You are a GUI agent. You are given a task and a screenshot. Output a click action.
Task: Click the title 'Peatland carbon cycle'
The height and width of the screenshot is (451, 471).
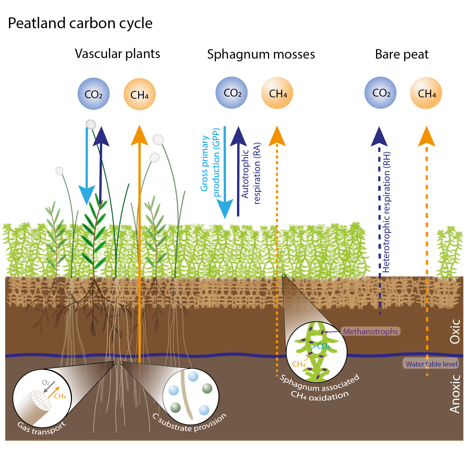tap(80, 24)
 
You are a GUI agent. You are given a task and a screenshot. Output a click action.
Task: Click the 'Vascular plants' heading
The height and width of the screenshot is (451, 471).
tap(117, 54)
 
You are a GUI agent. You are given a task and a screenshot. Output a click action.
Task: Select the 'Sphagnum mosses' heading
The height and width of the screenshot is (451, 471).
tap(261, 54)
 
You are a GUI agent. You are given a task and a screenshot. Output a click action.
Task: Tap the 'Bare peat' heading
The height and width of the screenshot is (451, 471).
tap(402, 54)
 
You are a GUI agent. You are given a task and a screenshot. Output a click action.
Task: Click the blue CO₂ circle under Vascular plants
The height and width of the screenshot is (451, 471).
tap(94, 94)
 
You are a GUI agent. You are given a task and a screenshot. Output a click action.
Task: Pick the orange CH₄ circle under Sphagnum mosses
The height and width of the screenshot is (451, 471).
tap(277, 93)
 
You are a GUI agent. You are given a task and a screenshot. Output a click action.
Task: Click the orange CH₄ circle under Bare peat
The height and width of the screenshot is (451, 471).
tap(426, 93)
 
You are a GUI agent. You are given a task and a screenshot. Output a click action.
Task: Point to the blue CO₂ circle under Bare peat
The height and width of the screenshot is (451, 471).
tap(381, 93)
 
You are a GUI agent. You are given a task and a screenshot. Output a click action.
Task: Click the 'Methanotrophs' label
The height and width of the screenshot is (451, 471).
tap(371, 331)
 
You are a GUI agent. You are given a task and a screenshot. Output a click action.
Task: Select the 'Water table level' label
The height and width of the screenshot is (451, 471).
tap(431, 364)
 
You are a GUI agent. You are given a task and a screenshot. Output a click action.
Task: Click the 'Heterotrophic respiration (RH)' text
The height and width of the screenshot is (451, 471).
tap(386, 212)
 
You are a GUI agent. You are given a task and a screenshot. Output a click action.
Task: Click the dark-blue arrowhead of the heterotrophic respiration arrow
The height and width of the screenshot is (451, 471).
tap(379, 136)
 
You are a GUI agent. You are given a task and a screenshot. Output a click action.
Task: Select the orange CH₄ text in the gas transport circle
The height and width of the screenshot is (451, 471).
tap(60, 396)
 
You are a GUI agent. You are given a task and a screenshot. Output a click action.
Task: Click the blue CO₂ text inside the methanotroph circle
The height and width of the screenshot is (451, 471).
tap(323, 346)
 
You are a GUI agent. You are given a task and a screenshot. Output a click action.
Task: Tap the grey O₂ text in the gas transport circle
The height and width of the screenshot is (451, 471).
tap(46, 383)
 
